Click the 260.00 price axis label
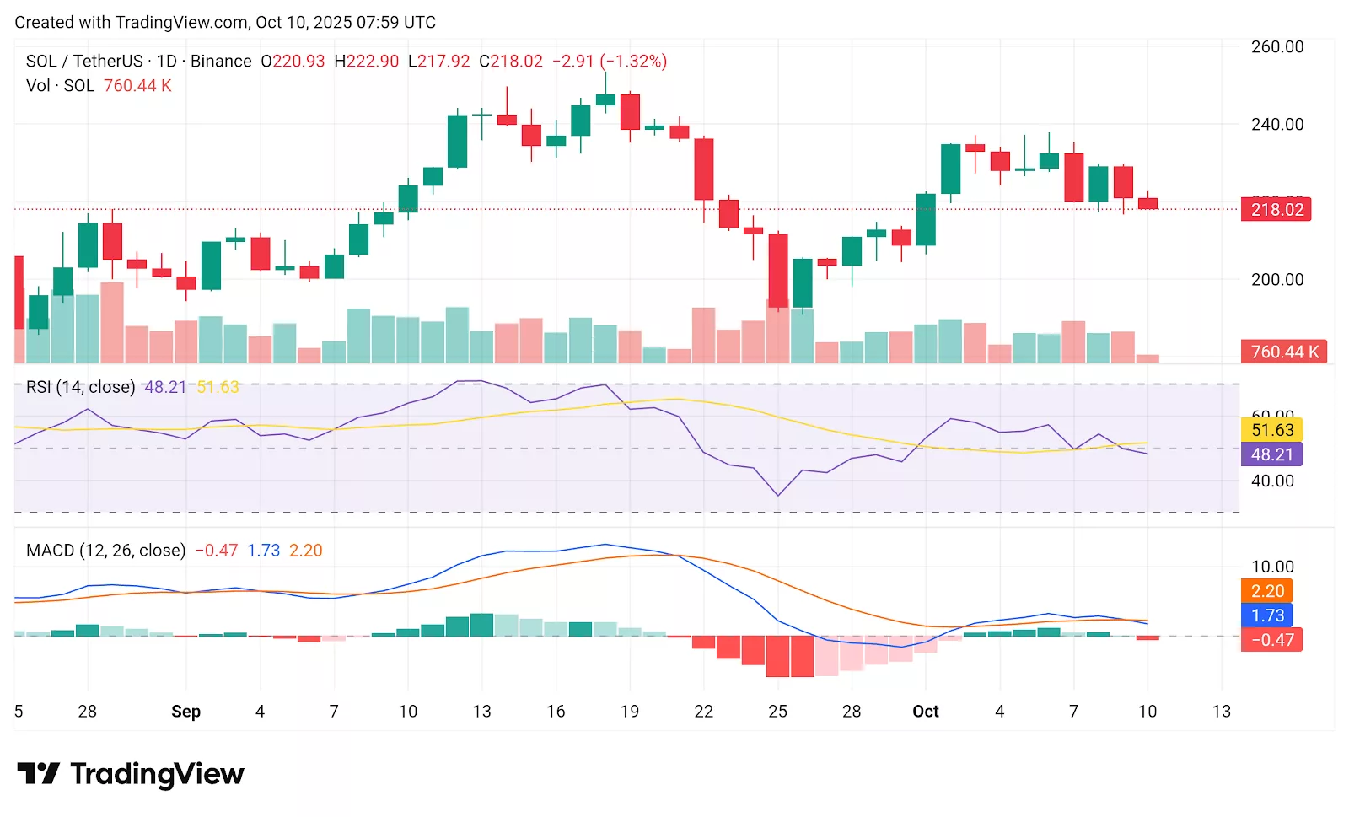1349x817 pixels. pyautogui.click(x=1276, y=47)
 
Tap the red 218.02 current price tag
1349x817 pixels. pyautogui.click(x=1276, y=210)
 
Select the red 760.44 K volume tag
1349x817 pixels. pyautogui.click(x=1283, y=352)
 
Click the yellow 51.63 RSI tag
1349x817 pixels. pyautogui.click(x=1271, y=430)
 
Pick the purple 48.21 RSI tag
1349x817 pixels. pyautogui.click(x=1271, y=454)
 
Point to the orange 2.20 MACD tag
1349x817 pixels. pyautogui.click(x=1267, y=591)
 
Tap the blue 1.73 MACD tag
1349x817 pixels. pyautogui.click(x=1267, y=615)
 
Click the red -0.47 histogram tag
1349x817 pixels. pyautogui.click(x=1271, y=640)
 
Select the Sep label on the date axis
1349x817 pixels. pyautogui.click(x=185, y=712)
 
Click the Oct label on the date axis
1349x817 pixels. pyautogui.click(x=925, y=712)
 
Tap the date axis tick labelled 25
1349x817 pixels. pyautogui.click(x=777, y=712)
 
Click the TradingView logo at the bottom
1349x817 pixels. pyautogui.click(x=131, y=774)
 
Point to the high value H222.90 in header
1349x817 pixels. pyautogui.click(x=366, y=62)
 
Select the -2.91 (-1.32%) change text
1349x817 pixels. pyautogui.click(x=609, y=62)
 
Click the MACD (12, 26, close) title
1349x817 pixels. pyautogui.click(x=105, y=551)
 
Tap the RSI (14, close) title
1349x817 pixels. pyautogui.click(x=80, y=387)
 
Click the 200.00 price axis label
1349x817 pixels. pyautogui.click(x=1276, y=280)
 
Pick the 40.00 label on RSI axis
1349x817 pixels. pyautogui.click(x=1271, y=481)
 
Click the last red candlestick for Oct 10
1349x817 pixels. pyautogui.click(x=1147, y=204)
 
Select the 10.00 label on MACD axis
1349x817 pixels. pyautogui.click(x=1271, y=567)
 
